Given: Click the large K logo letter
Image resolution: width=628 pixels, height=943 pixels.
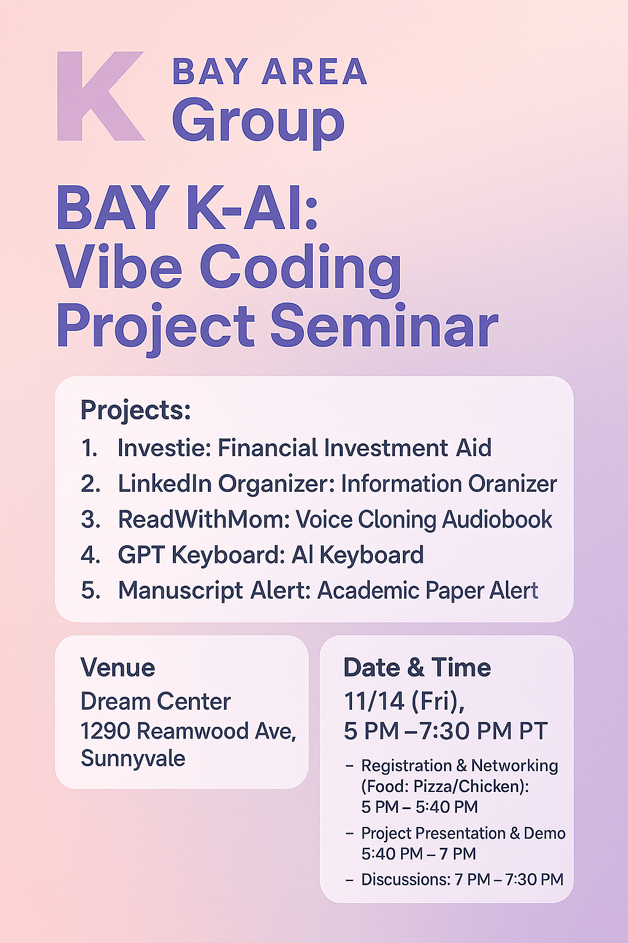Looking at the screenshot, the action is [x=101, y=96].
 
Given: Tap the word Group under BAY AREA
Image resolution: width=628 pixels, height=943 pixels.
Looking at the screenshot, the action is [x=258, y=123].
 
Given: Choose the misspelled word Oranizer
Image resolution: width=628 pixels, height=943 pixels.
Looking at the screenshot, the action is [x=513, y=484].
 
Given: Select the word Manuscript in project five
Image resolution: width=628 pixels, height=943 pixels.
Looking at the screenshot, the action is [x=180, y=591].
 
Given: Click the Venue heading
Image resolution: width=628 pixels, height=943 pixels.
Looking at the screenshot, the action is [x=118, y=667].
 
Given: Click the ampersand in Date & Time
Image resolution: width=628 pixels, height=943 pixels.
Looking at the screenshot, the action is [x=416, y=667].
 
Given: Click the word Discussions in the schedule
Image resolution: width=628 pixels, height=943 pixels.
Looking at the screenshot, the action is [x=405, y=879].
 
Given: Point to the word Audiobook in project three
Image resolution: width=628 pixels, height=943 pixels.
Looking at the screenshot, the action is [x=497, y=519].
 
